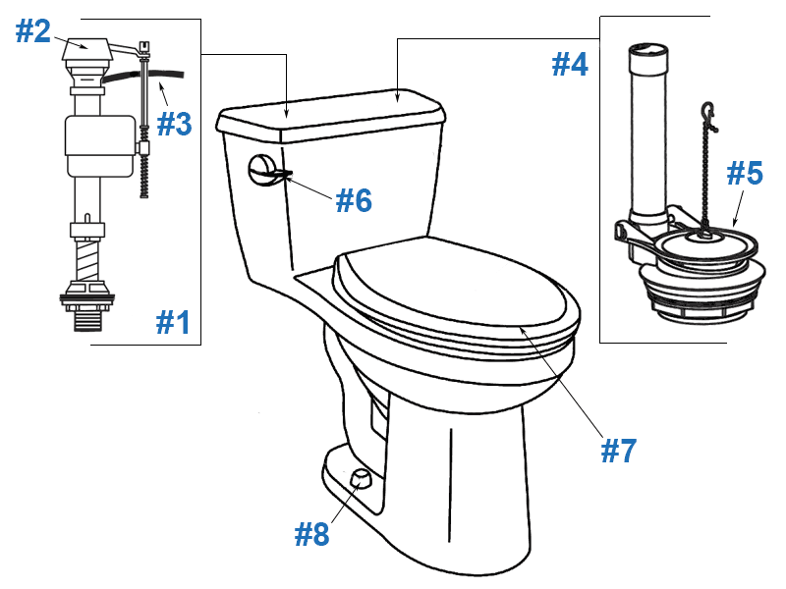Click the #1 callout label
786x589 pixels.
coord(173,321)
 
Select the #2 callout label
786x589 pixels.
coord(32,31)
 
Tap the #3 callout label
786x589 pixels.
coord(173,124)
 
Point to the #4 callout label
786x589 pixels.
coord(570,65)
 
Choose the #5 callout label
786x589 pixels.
coord(744,174)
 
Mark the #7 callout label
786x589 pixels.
coord(619,451)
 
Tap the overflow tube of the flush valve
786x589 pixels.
coord(646,128)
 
